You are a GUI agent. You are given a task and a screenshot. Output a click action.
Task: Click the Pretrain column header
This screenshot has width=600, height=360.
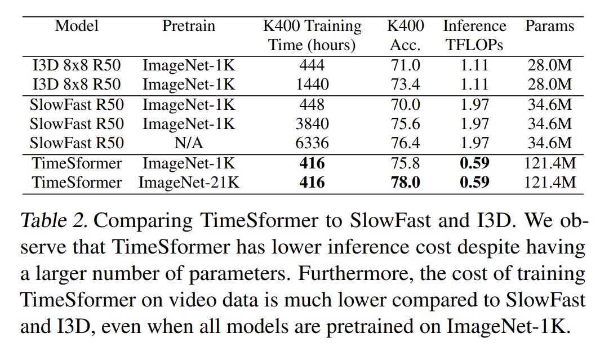tap(189, 26)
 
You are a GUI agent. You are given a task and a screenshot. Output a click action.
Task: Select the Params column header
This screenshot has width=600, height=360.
tap(549, 26)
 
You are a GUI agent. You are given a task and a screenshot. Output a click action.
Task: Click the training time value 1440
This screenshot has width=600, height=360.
tap(312, 85)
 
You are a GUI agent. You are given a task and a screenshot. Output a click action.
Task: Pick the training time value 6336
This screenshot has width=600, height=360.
tap(312, 143)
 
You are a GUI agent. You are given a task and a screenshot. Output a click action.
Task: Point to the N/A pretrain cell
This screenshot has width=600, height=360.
tap(189, 143)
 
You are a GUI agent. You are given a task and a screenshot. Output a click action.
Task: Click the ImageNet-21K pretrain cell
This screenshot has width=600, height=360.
tap(189, 183)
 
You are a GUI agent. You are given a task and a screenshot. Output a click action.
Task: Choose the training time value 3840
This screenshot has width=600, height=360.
tap(312, 123)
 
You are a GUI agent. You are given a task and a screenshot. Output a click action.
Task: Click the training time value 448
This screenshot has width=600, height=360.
tap(312, 105)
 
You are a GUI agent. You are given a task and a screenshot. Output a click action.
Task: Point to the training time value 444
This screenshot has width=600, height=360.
tap(312, 65)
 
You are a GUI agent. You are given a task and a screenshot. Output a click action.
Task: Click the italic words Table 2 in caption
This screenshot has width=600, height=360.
tap(52, 220)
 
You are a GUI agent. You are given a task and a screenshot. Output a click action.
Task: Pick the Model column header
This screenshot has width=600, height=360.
tap(77, 26)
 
